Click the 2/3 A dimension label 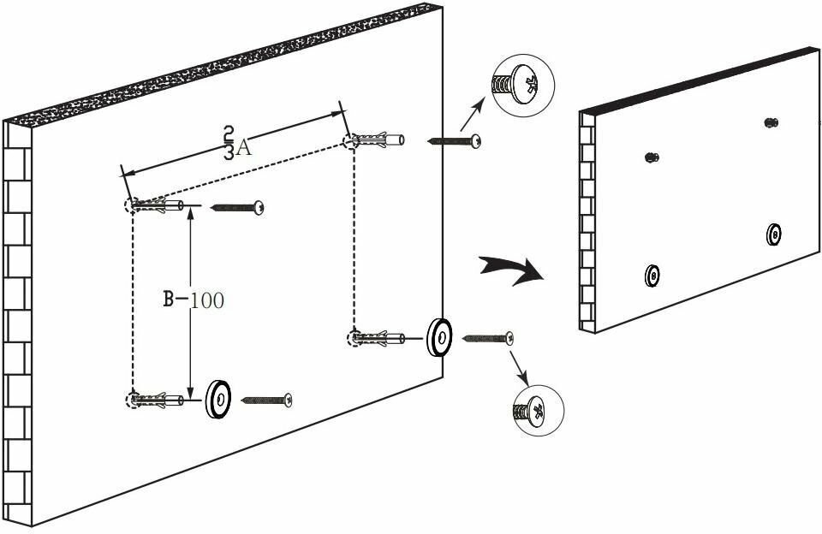point(235,143)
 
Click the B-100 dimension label point(194,300)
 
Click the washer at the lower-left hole point(218,400)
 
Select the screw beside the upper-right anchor point(454,140)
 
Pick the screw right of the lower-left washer point(267,400)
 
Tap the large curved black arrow point(512,269)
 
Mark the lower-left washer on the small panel point(652,276)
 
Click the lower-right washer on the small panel point(774,234)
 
